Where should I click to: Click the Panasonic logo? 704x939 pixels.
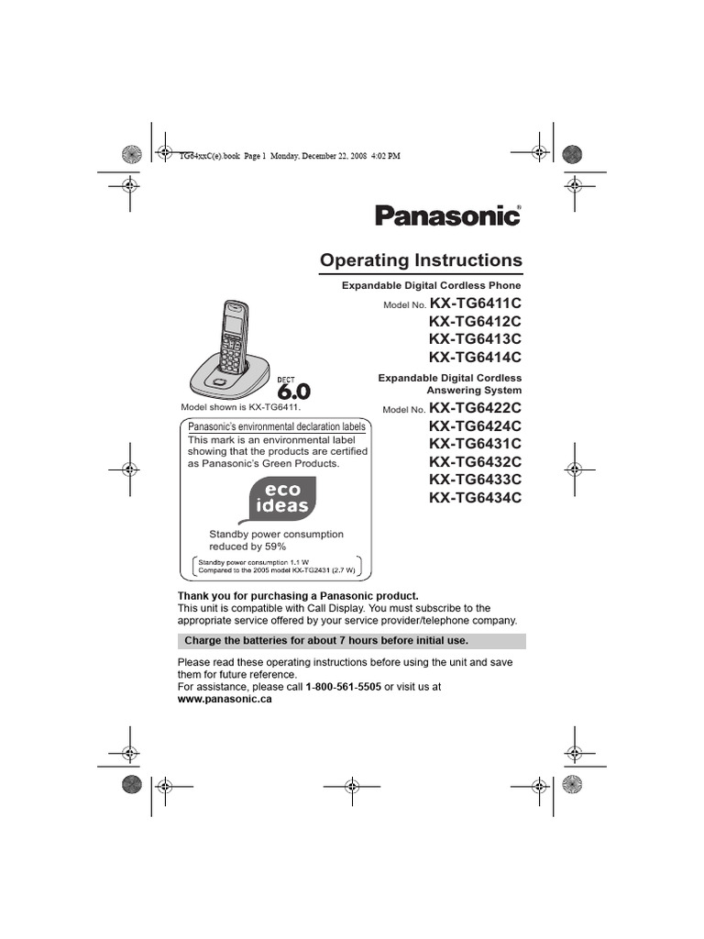point(447,216)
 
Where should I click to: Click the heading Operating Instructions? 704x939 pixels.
point(421,260)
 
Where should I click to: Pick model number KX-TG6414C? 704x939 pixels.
point(475,357)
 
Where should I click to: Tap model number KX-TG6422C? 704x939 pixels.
point(475,408)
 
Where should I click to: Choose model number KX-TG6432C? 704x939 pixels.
point(475,461)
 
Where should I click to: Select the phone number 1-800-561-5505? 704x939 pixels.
point(343,686)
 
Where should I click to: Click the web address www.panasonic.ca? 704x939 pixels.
point(225,699)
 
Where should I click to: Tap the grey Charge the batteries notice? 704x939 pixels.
point(351,640)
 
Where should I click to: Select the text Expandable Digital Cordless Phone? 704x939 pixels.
point(431,286)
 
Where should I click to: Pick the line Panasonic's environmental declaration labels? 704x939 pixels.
point(277,426)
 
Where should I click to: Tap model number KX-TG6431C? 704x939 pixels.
point(475,444)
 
